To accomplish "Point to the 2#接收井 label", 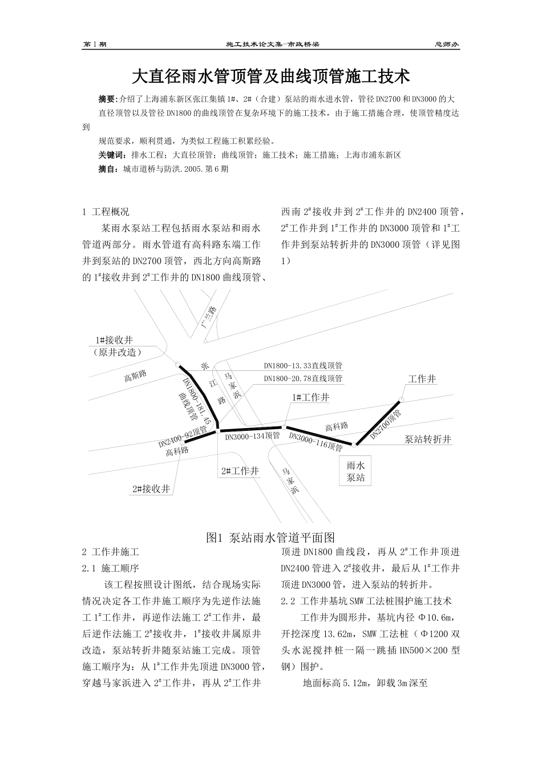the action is [x=151, y=489].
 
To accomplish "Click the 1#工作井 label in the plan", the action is [x=310, y=397].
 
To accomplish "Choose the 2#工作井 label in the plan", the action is [x=240, y=471].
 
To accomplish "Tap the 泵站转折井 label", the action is [x=428, y=439].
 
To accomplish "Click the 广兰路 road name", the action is [x=209, y=317].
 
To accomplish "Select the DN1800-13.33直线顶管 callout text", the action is [x=303, y=366].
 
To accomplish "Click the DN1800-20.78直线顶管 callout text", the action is [x=303, y=378].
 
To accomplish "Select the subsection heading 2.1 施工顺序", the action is [x=111, y=568].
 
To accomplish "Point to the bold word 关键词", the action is [x=111, y=155].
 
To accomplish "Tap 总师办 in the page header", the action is [x=447, y=45].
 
